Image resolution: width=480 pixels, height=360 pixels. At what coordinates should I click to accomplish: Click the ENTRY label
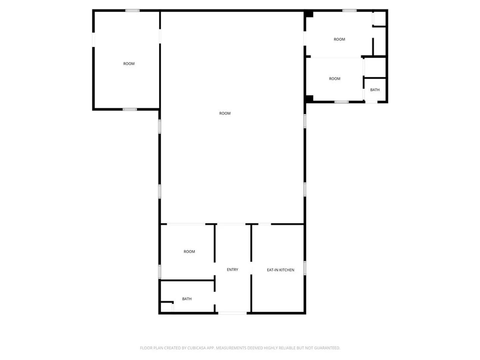232,270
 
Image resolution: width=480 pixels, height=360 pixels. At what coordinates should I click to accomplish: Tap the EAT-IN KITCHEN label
280,270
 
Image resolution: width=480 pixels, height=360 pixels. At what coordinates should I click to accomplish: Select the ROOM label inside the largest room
225,113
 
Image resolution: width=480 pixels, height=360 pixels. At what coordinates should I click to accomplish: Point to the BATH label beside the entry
187,299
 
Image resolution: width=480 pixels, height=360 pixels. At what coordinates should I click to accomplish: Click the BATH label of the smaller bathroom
375,90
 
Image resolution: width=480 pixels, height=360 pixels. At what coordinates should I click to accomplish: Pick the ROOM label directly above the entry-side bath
189,252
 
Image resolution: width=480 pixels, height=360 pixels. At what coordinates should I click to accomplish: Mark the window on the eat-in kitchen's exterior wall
305,268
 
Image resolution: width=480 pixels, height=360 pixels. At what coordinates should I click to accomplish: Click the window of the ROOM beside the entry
160,272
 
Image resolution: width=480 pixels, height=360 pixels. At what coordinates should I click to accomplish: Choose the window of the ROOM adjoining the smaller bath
341,102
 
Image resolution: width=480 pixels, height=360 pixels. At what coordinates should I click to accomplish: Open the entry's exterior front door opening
232,313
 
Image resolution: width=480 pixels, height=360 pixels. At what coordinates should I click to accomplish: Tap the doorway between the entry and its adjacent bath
215,298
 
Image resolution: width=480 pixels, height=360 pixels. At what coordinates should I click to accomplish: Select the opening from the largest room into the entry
231,224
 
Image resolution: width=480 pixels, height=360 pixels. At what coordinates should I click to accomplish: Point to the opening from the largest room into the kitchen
265,224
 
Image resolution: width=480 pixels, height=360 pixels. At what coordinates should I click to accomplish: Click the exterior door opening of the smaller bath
371,102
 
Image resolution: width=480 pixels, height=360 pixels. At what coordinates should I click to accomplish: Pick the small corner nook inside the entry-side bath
167,307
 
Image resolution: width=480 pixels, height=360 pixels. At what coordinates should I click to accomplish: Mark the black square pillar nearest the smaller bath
309,98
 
